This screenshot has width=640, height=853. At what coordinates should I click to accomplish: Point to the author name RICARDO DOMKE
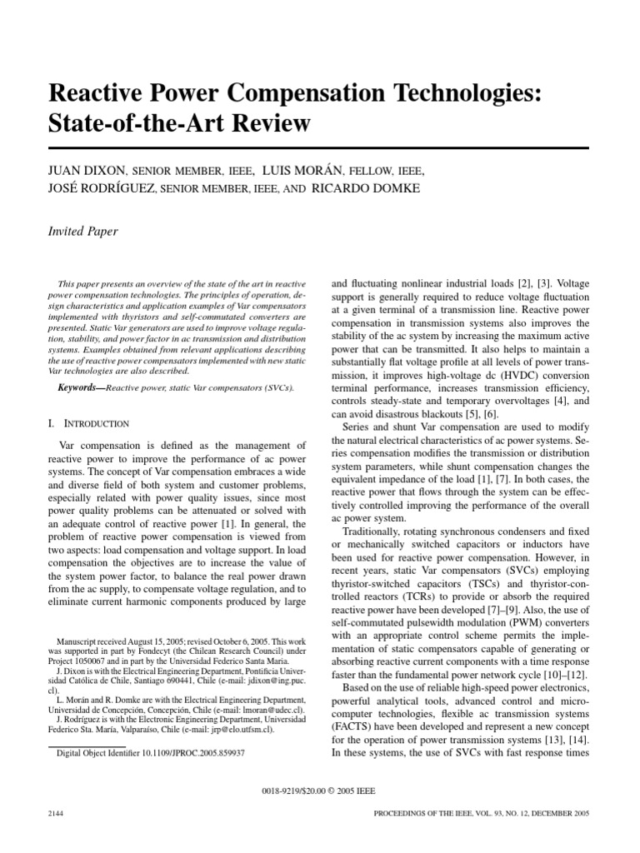click(366, 189)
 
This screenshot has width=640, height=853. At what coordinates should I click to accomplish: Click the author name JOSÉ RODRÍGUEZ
click(103, 189)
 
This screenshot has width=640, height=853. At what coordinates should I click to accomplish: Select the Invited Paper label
click(83, 232)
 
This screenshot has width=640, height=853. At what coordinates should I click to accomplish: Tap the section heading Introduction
click(97, 423)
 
